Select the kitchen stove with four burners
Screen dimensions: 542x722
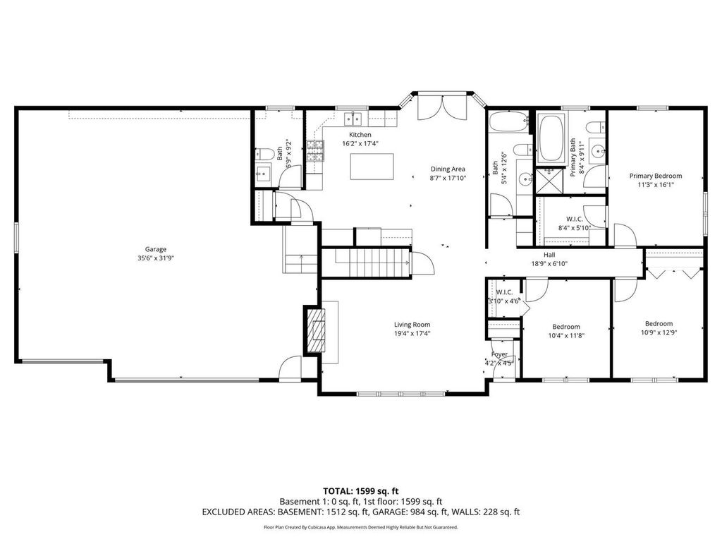[314, 150]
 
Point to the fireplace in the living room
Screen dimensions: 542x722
[315, 332]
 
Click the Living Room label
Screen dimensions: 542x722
[412, 325]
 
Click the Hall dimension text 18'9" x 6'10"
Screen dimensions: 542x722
[550, 264]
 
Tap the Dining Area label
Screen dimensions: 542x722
[448, 169]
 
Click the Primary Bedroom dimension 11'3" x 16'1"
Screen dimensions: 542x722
[656, 186]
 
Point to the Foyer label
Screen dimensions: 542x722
[499, 354]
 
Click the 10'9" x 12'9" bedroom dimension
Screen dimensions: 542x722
[659, 333]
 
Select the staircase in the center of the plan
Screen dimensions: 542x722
[372, 263]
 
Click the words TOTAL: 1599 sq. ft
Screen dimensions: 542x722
[361, 490]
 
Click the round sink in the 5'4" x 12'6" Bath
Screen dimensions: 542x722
[525, 180]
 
